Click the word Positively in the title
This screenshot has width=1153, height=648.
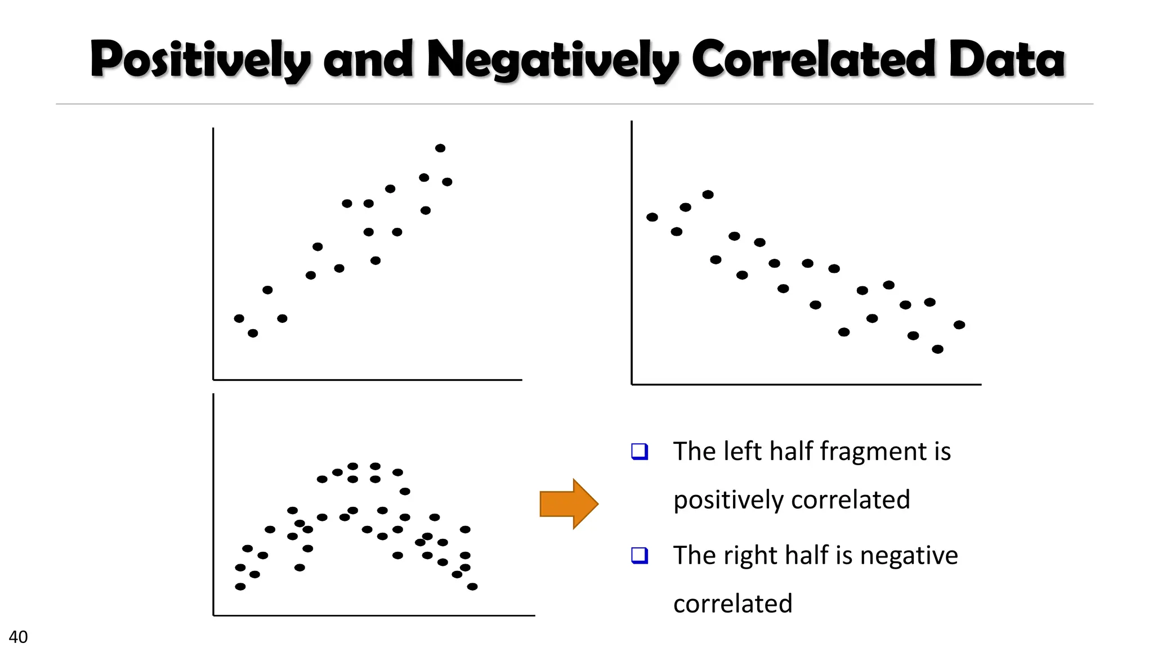(x=200, y=60)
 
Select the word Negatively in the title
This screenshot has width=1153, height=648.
(x=553, y=60)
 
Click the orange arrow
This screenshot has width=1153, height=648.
(x=568, y=503)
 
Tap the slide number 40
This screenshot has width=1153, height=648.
(x=18, y=637)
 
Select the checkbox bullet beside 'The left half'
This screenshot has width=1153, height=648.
(x=640, y=451)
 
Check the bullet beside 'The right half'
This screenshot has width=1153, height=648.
(x=640, y=555)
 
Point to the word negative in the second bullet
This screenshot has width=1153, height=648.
(x=909, y=555)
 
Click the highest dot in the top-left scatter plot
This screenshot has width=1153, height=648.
(x=440, y=148)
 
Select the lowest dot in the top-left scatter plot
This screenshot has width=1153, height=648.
(x=253, y=333)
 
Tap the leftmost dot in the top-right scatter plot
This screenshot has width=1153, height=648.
(x=652, y=217)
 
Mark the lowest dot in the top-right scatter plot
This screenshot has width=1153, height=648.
(x=937, y=349)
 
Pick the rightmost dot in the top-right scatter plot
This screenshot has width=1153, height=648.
(x=959, y=325)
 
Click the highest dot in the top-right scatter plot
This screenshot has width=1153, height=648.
(x=708, y=195)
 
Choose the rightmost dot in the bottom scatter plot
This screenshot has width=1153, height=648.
(x=472, y=587)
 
